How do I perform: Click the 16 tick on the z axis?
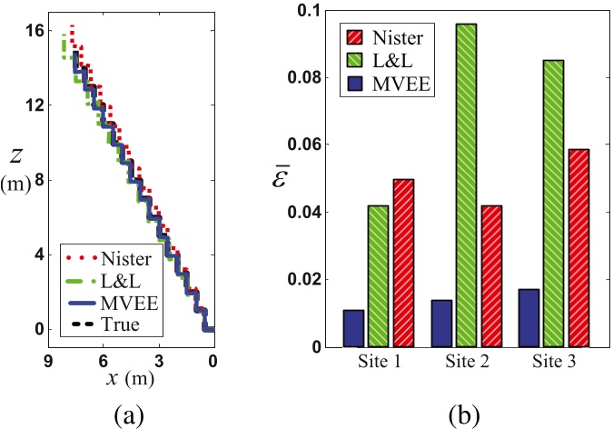pos(31,30)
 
